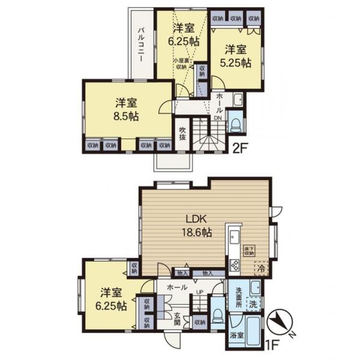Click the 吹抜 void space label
point(183,133)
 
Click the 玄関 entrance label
point(177,319)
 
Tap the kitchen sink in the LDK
point(235,238)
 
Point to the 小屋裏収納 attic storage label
point(181,64)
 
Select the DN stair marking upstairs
point(217,118)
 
